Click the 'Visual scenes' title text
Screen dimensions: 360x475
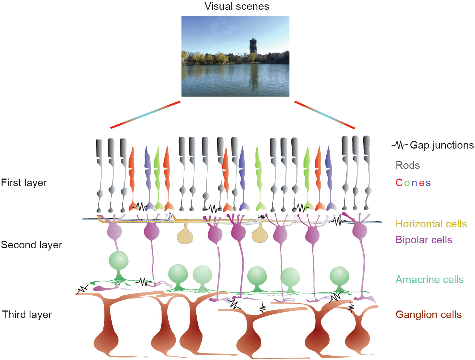click(237, 7)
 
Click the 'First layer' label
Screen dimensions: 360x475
click(24, 183)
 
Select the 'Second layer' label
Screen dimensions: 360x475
click(31, 245)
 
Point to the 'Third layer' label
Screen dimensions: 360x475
click(27, 315)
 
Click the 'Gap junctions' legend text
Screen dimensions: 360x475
click(441, 145)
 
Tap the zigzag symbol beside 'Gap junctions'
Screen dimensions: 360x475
click(399, 146)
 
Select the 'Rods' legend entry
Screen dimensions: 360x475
click(408, 166)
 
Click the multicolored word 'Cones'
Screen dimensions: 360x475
click(413, 183)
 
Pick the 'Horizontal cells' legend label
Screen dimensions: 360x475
click(431, 224)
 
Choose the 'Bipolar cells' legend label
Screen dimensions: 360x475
click(424, 240)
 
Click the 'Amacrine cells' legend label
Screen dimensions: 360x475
click(429, 280)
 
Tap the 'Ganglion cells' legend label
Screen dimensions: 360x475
click(429, 315)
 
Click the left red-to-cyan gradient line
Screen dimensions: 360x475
click(145, 115)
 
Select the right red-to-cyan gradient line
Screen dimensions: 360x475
click(325, 115)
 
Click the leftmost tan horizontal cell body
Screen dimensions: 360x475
click(185, 236)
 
